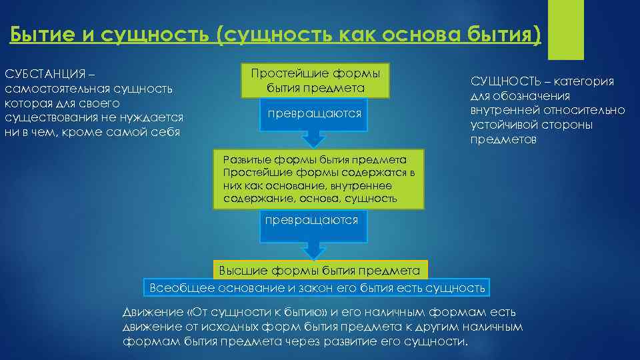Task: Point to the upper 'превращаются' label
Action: point(315,114)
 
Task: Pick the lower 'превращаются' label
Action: point(311,220)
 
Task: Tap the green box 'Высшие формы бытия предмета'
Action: point(320,270)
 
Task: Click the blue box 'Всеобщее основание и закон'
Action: point(317,288)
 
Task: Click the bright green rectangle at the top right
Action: point(566,30)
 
